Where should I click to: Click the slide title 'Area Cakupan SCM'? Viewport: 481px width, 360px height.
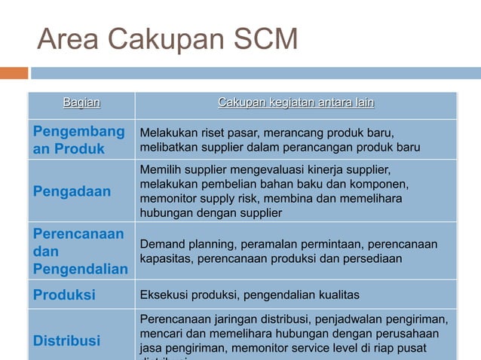tap(167, 39)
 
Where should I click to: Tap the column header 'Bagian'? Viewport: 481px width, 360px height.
tap(81, 102)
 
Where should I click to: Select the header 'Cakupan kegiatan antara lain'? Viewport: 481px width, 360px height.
tap(296, 102)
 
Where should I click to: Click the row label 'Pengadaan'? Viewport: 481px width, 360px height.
tap(72, 191)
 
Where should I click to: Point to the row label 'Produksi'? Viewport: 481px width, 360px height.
tap(64, 294)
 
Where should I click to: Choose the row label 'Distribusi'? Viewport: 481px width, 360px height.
tap(66, 340)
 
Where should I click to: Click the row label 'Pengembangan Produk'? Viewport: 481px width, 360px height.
tap(78, 140)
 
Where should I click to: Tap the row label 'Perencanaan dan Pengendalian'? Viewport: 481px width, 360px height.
tap(80, 252)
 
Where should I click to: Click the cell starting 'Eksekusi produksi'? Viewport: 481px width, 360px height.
tap(250, 294)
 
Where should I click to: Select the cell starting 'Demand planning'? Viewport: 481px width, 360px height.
tap(288, 252)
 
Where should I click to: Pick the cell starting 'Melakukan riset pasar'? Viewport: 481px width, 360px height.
tap(280, 140)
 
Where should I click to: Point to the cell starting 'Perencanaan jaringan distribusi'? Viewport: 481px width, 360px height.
tap(293, 334)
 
